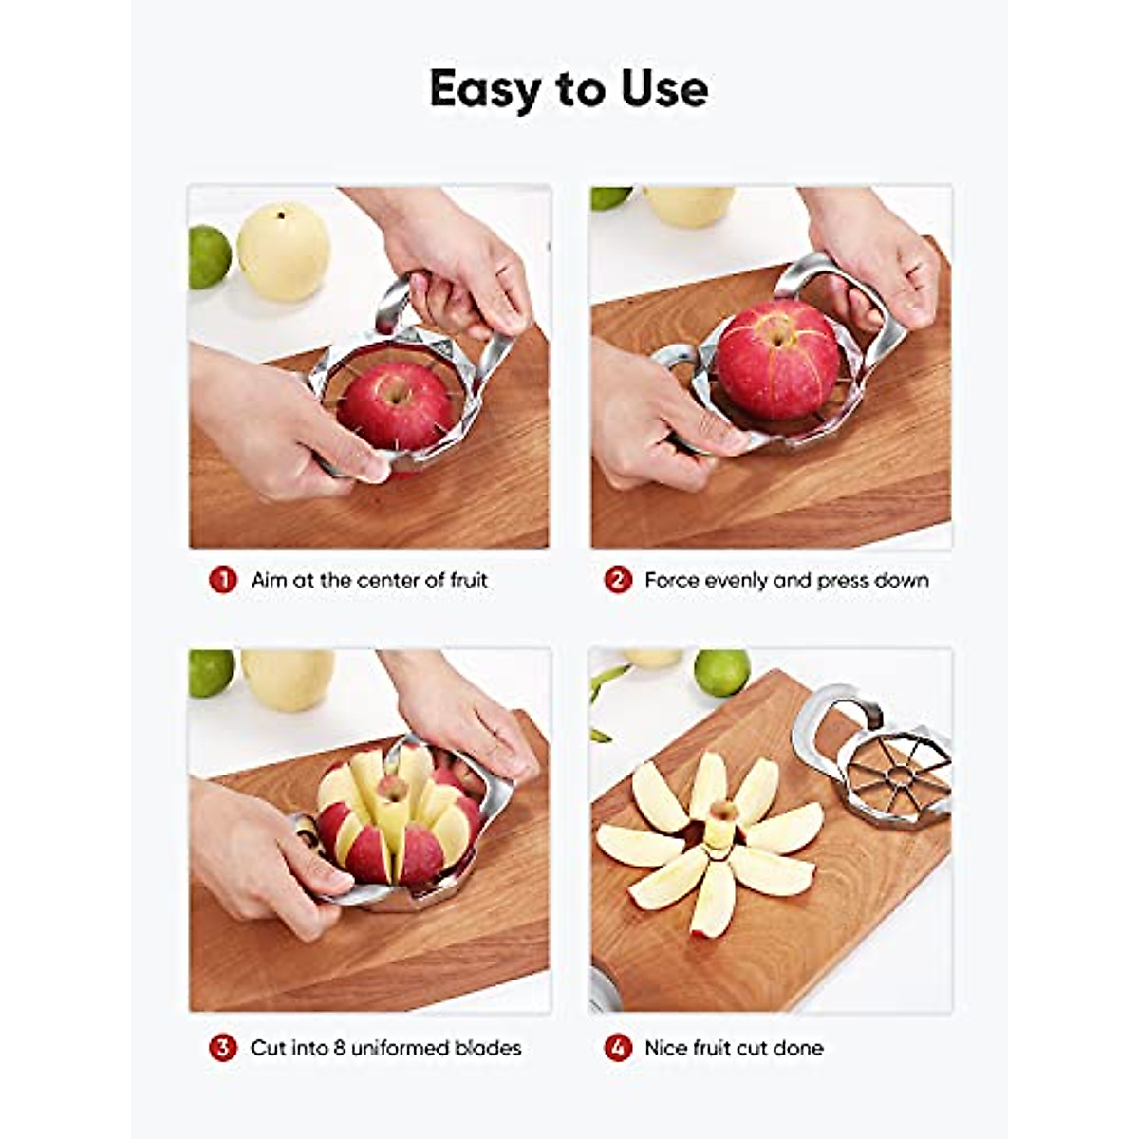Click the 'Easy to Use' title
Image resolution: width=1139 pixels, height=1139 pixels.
point(569,89)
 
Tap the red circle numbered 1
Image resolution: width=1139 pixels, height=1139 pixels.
point(223,580)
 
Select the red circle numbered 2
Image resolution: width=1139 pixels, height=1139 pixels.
point(618,580)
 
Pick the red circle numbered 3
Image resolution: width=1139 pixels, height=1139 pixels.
point(223,1048)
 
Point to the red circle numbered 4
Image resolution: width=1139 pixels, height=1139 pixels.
point(618,1048)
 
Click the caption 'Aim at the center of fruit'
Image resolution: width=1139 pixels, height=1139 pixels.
point(369,580)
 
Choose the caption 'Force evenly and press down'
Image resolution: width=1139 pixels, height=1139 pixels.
point(787,580)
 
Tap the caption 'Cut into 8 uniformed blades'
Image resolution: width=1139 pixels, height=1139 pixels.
point(386,1048)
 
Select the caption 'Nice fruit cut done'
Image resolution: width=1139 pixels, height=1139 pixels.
point(734,1048)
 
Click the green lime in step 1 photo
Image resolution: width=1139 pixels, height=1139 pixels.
point(209,256)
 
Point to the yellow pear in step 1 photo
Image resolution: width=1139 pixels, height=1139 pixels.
point(284,252)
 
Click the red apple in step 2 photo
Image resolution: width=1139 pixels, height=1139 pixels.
point(777,359)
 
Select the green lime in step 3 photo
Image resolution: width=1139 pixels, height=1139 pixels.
point(211,672)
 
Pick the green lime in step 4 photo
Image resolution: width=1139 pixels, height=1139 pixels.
point(721,672)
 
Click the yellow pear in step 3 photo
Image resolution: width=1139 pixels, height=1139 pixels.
point(288,678)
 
